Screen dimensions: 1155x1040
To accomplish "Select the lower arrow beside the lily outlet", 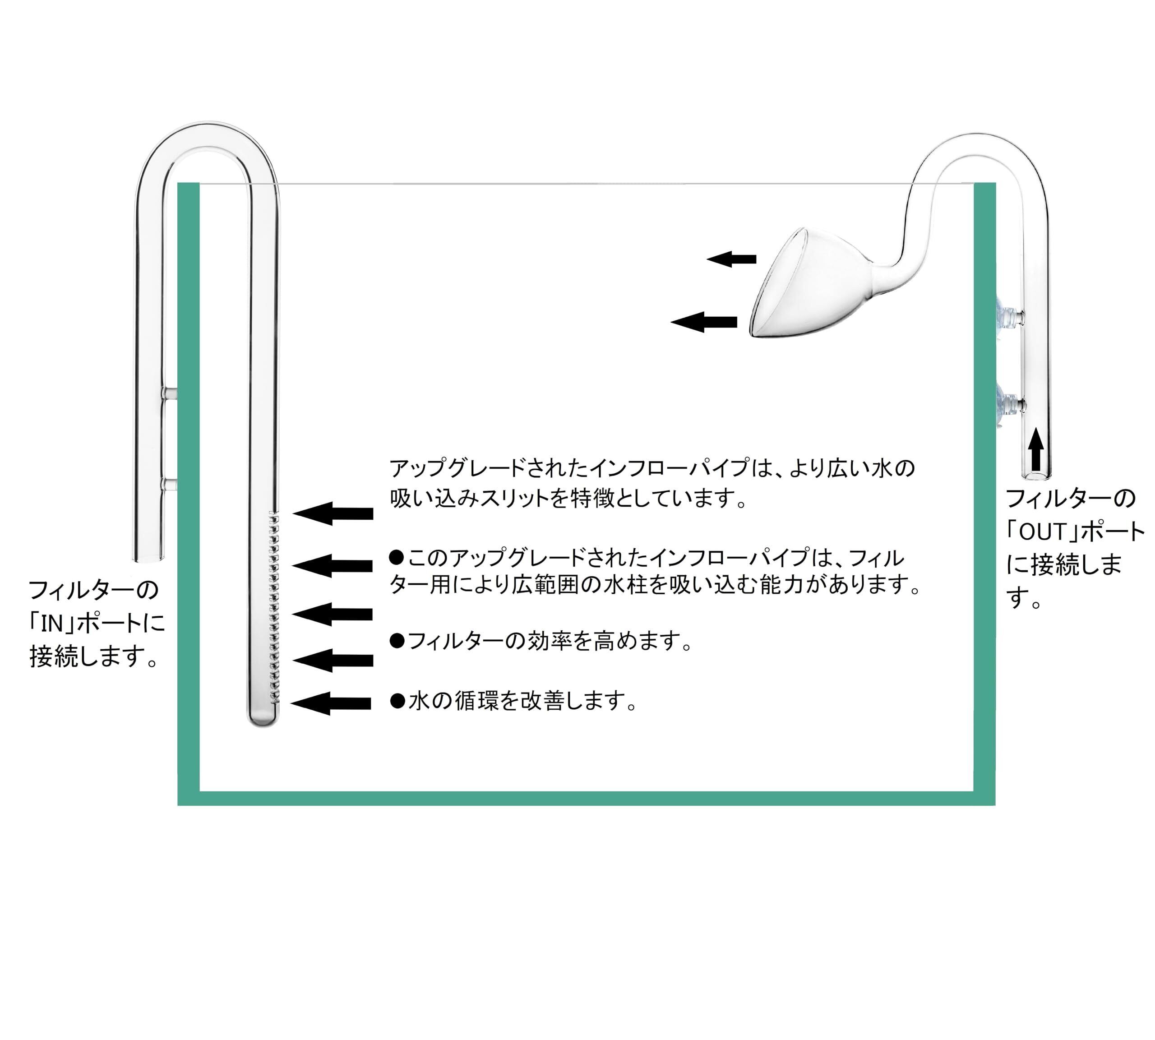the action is (x=704, y=322).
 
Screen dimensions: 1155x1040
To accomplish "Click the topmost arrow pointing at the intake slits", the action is (x=333, y=513).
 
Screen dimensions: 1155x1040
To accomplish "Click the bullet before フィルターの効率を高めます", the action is (x=396, y=641).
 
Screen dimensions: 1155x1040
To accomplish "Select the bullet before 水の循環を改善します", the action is (x=397, y=701).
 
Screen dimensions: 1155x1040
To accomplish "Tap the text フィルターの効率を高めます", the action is (x=549, y=641).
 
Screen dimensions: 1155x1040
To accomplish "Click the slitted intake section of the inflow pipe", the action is (x=273, y=606).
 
